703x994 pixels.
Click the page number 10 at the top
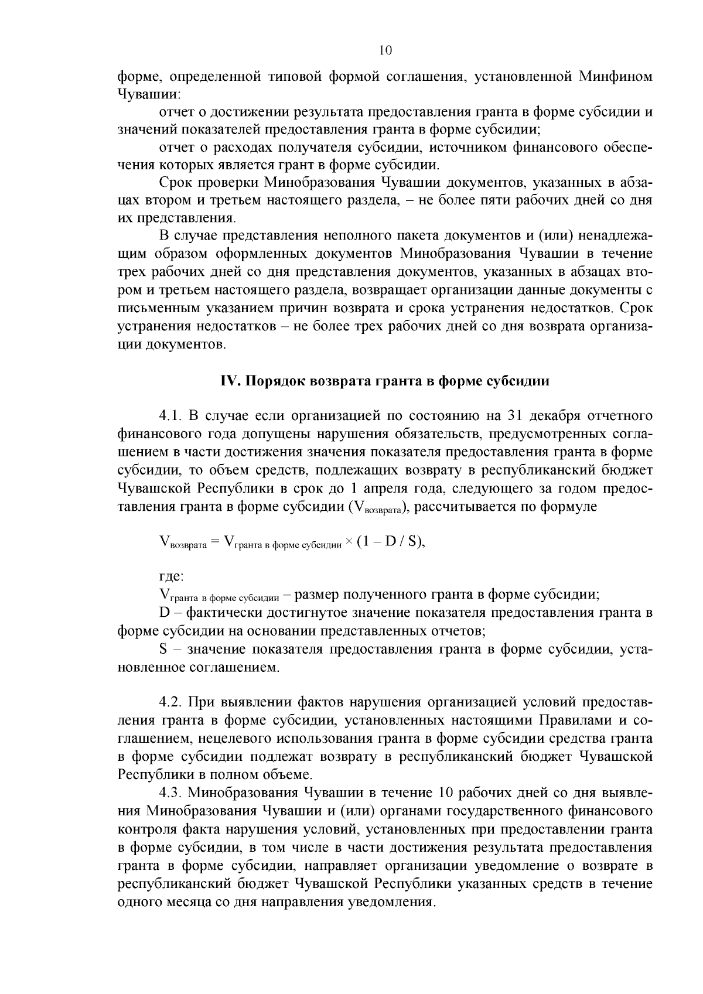coord(385,50)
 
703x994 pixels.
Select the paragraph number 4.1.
coord(172,416)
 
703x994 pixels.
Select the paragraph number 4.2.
coord(172,702)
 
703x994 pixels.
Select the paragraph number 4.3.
coord(172,793)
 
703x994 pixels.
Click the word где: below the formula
coord(171,577)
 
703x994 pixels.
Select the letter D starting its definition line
coord(164,613)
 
